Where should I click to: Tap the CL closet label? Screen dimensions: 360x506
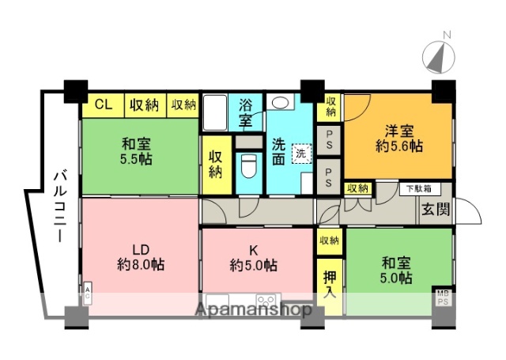pos(103,104)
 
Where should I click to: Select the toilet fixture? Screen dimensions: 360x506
pos(248,166)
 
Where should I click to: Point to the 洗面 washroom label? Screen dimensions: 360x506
pos(280,153)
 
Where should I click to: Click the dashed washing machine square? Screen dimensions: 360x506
pos(301,153)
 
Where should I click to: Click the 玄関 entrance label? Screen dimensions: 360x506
pos(435,210)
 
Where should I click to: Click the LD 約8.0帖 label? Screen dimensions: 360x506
pos(138,256)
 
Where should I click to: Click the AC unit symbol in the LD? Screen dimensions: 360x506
pos(86,294)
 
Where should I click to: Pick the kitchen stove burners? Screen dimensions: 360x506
pos(266,301)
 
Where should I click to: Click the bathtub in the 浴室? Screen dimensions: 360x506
pos(215,113)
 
